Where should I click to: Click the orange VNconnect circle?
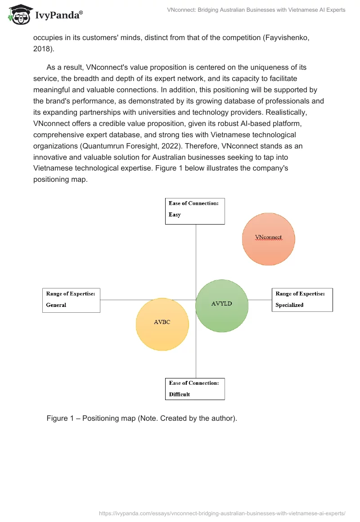[268, 239]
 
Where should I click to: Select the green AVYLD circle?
[222, 306]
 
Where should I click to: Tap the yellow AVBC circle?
[162, 324]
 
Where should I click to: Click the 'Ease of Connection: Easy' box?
[195, 211]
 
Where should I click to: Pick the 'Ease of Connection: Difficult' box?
[195, 389]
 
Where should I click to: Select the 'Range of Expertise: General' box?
[71, 300]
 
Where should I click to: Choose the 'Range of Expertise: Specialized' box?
[302, 300]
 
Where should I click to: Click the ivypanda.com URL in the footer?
[222, 513]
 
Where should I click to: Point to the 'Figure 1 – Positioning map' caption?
[141, 418]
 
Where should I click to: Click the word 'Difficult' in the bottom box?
[180, 395]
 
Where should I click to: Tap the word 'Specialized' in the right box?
[289, 305]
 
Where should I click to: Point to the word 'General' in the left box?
[56, 305]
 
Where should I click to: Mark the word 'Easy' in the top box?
[175, 215]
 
